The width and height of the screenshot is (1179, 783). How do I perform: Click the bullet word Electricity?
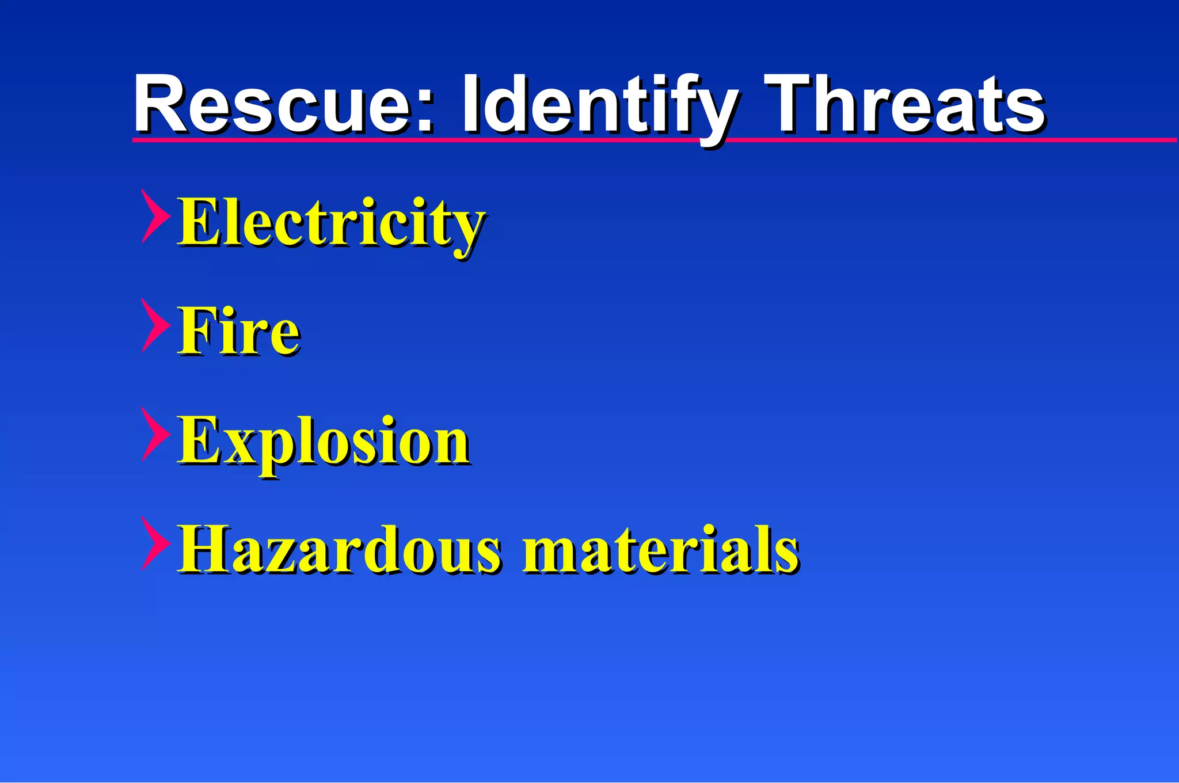tap(330, 223)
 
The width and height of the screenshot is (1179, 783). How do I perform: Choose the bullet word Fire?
tap(238, 332)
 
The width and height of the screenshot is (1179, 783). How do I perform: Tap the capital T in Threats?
tap(794, 104)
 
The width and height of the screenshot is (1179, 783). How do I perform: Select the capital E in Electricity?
tap(199, 222)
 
